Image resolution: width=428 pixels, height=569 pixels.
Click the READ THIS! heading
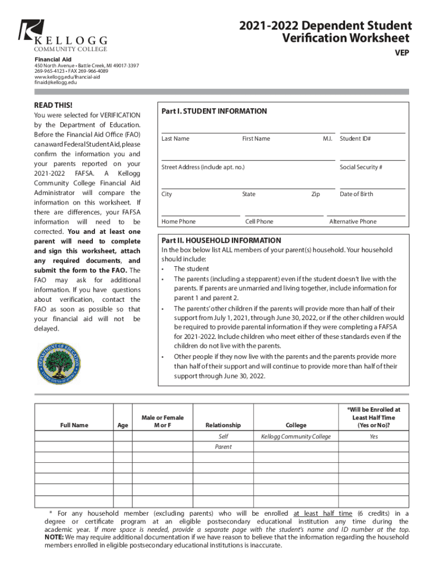(x=53, y=105)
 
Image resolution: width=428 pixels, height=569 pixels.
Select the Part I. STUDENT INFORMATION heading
(x=214, y=111)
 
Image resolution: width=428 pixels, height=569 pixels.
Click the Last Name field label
(x=175, y=138)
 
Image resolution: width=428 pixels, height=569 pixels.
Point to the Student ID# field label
(x=355, y=138)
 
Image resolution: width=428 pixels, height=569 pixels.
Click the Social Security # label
(x=361, y=167)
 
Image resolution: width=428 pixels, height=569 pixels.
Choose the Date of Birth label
(x=356, y=194)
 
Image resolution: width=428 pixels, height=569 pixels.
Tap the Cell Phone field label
(x=259, y=221)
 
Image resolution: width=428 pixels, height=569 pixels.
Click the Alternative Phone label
(x=352, y=221)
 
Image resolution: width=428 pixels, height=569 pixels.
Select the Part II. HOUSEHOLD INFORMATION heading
(x=221, y=241)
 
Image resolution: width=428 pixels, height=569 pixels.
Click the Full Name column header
(x=74, y=425)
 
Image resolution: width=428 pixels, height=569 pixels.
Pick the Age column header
(x=122, y=425)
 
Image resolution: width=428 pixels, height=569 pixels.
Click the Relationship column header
(x=223, y=425)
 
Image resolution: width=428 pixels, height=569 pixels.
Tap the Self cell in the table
(x=223, y=437)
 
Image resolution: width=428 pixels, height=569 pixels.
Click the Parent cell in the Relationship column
(x=223, y=447)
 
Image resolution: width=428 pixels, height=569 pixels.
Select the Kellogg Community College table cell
(x=296, y=437)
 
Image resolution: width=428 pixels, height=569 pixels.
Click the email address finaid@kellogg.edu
(x=56, y=82)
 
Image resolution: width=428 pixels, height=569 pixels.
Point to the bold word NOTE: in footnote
(x=54, y=538)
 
